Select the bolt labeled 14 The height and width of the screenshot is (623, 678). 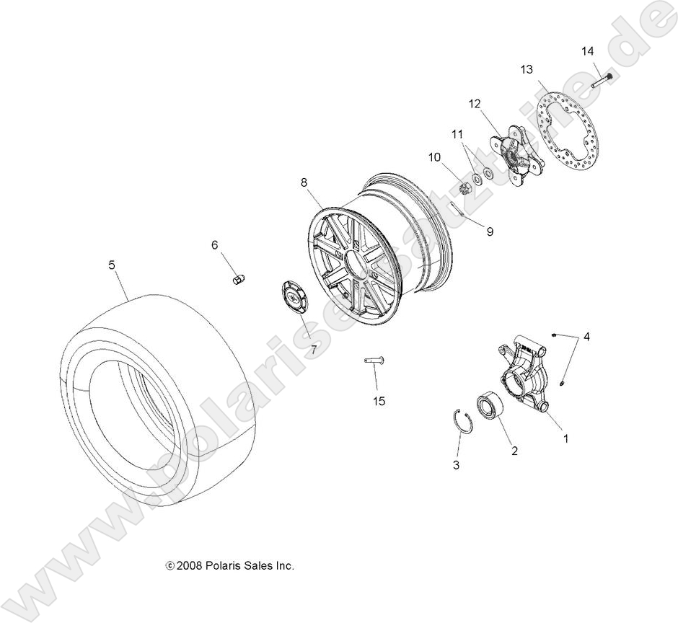pyautogui.click(x=603, y=81)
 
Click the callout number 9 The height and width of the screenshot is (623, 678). pyautogui.click(x=490, y=232)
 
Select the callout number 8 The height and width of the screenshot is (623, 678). pyautogui.click(x=305, y=183)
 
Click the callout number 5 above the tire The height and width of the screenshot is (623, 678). pyautogui.click(x=112, y=265)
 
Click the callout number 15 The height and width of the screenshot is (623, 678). pyautogui.click(x=379, y=402)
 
